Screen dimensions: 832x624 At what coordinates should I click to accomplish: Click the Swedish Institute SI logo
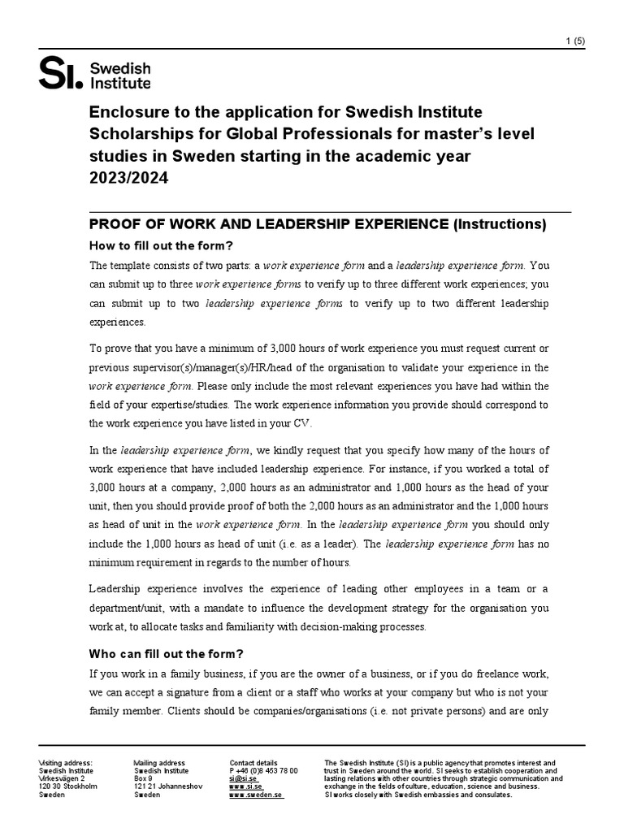point(94,74)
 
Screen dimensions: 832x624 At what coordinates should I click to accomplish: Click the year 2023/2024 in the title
point(128,179)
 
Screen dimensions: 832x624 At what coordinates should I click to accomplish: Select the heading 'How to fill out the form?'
point(161,246)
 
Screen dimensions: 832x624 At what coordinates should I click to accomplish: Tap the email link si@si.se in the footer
point(245,778)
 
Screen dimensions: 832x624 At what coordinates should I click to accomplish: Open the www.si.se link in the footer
point(245,786)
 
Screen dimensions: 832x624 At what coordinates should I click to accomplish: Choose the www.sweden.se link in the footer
point(256,795)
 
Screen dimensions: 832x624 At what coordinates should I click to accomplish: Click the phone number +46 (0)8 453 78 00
point(264,770)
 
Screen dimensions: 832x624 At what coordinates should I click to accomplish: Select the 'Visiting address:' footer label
point(66,763)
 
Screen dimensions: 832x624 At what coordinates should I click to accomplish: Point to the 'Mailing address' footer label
point(159,763)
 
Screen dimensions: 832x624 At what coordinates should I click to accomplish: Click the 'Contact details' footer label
point(253,763)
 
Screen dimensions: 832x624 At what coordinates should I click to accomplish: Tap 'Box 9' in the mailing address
point(143,778)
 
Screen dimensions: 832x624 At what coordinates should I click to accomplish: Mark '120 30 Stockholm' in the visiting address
point(68,786)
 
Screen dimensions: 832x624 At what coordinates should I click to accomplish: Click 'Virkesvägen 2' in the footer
point(62,778)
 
